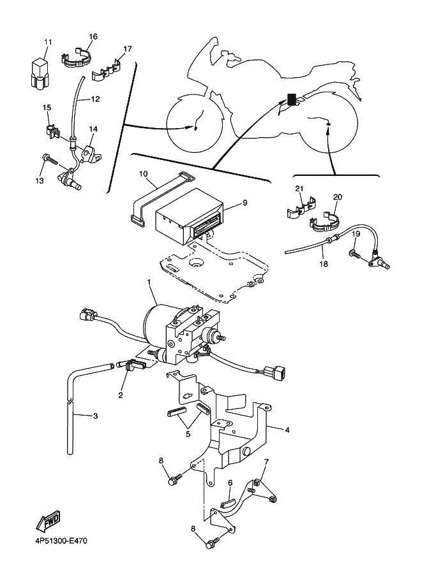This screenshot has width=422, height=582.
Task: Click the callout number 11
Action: tap(48, 42)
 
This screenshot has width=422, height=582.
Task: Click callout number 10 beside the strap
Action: tap(144, 174)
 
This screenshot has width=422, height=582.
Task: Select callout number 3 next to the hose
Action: tap(96, 416)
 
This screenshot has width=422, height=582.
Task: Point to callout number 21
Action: tap(299, 189)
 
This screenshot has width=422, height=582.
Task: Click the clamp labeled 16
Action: tap(76, 57)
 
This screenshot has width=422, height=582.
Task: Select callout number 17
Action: tap(128, 49)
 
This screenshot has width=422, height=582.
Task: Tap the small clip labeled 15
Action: tap(51, 132)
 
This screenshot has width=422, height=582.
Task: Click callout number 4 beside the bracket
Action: tap(287, 430)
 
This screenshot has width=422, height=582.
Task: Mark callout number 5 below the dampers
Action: tap(188, 434)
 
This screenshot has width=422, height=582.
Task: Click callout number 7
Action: tap(266, 462)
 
